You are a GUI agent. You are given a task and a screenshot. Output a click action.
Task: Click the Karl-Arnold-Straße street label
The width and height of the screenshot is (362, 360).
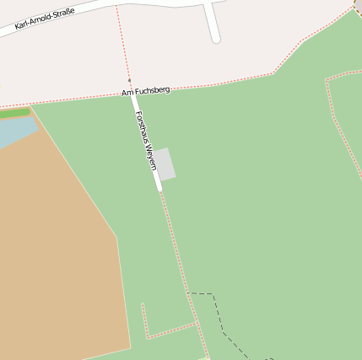click(45, 19)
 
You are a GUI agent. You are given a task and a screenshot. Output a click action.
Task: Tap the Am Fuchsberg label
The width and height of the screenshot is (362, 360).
click(146, 90)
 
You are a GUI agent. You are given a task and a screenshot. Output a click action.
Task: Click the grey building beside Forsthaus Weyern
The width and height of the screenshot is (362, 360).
click(165, 164)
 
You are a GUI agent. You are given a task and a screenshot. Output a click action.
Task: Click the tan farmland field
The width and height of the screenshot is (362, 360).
click(59, 244)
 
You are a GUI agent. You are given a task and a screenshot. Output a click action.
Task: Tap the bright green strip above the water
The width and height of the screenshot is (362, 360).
click(14, 112)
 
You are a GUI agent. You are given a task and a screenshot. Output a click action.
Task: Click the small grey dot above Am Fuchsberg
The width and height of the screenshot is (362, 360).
click(129, 81)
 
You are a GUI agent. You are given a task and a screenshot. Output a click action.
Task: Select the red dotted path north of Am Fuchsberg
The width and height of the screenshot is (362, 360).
click(122, 42)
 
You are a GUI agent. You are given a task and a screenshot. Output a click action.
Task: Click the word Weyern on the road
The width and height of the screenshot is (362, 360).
click(151, 156)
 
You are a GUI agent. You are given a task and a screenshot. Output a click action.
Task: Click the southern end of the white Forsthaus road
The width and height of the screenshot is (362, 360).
click(159, 188)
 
